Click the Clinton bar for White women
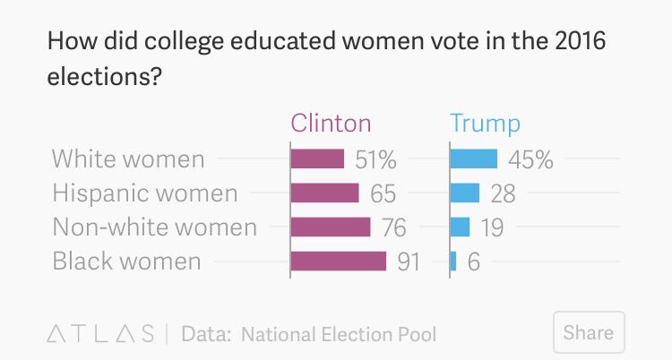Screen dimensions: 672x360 pos(317,159)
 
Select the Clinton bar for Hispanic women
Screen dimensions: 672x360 pos(324,193)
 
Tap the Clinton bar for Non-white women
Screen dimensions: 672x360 pos(331,227)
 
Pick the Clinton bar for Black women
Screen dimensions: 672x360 pos(338,261)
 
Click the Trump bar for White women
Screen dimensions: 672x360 pos(474,159)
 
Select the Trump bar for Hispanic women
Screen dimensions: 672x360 pos(464,193)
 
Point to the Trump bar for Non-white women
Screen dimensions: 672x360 pos(460,227)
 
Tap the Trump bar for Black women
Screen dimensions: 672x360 pos(453,261)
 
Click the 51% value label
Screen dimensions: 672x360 pos(375,159)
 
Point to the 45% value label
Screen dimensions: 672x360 pos(530,159)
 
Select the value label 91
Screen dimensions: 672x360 pos(409,261)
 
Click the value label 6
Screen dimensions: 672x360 pos(474,261)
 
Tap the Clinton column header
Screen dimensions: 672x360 pos(331,123)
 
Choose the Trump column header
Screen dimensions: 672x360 pos(485,124)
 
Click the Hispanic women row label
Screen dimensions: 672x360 pos(145,193)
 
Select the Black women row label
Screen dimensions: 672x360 pos(126,261)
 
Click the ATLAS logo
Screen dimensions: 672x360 pos(100,334)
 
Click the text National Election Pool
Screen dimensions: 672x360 pos(339,334)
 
